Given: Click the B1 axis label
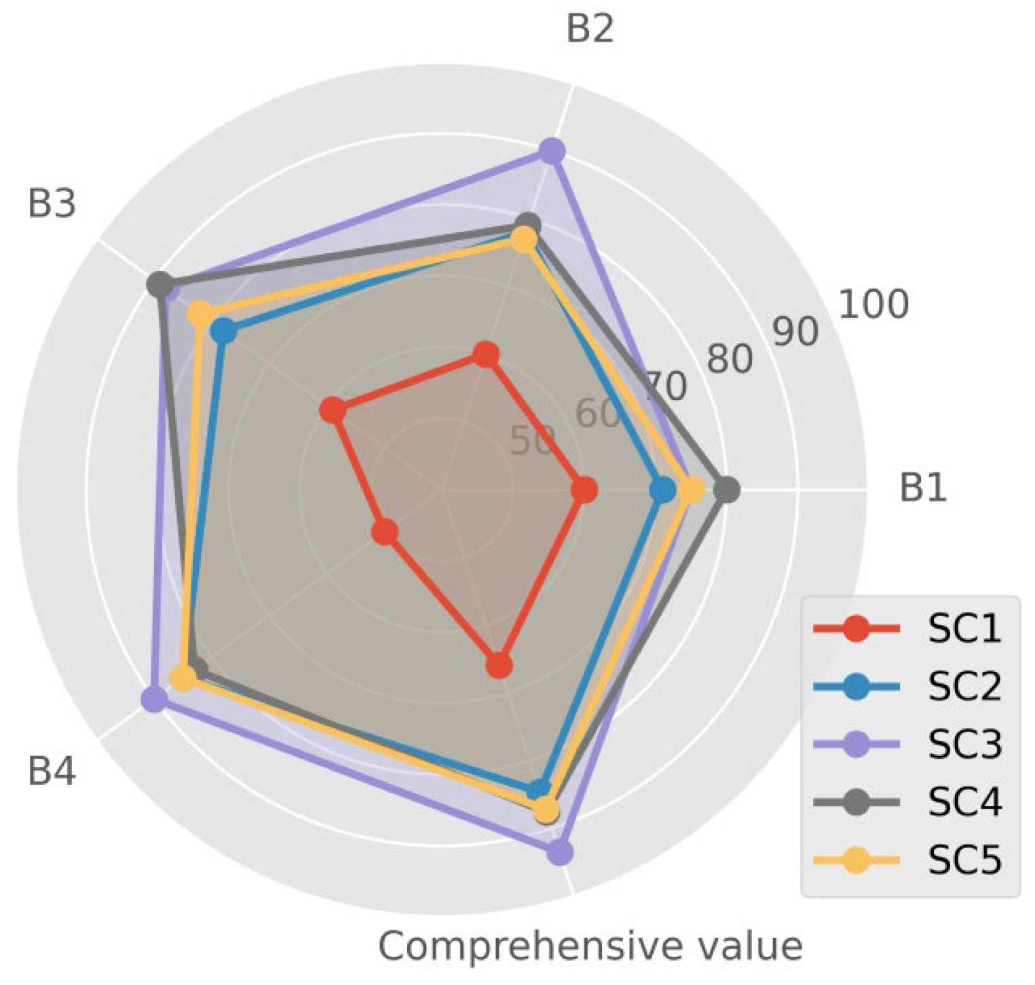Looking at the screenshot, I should click(x=922, y=487).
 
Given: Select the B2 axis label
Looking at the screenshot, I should click(x=590, y=29).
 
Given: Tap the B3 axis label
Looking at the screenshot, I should click(x=52, y=204).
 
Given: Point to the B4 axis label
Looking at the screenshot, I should click(x=52, y=772).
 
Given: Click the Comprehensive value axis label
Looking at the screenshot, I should click(x=590, y=946).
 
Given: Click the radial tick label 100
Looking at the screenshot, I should click(x=873, y=304).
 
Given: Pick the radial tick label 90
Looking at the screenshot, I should click(x=795, y=332).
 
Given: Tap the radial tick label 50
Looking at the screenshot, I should click(x=532, y=441).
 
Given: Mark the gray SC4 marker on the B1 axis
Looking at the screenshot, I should click(x=728, y=489).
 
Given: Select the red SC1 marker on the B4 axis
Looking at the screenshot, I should click(x=385, y=532).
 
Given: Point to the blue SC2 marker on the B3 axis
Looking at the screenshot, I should click(x=223, y=332).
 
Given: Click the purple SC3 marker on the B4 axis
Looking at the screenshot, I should click(x=154, y=699).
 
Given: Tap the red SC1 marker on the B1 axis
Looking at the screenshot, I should click(x=584, y=489).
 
